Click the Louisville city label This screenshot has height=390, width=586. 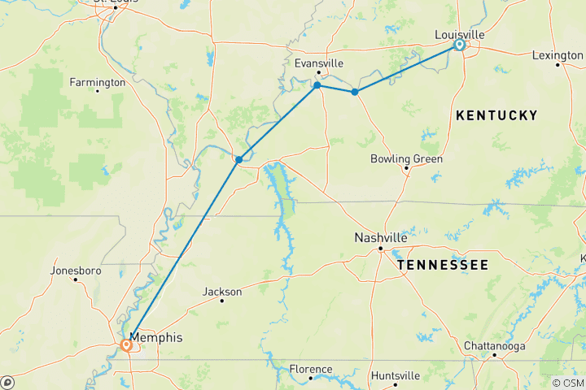tap(460, 34)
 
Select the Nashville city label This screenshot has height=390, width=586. tap(380, 238)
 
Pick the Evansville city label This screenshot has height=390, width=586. tap(318, 63)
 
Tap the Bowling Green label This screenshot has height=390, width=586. tap(406, 158)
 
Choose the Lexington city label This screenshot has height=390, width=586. tap(558, 54)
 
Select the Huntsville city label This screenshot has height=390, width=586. tap(395, 375)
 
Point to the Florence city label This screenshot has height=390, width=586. tap(310, 369)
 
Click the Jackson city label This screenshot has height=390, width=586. tap(222, 291)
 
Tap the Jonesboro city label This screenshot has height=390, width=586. tap(74, 270)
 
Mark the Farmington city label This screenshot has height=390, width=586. tap(97, 82)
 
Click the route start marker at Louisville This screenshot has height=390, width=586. tap(459, 45)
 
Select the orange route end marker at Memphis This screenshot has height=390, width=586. tap(127, 345)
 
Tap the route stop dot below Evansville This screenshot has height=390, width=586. tap(317, 85)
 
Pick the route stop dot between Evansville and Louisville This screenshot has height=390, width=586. tap(354, 92)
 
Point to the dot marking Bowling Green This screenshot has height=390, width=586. tap(406, 169)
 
